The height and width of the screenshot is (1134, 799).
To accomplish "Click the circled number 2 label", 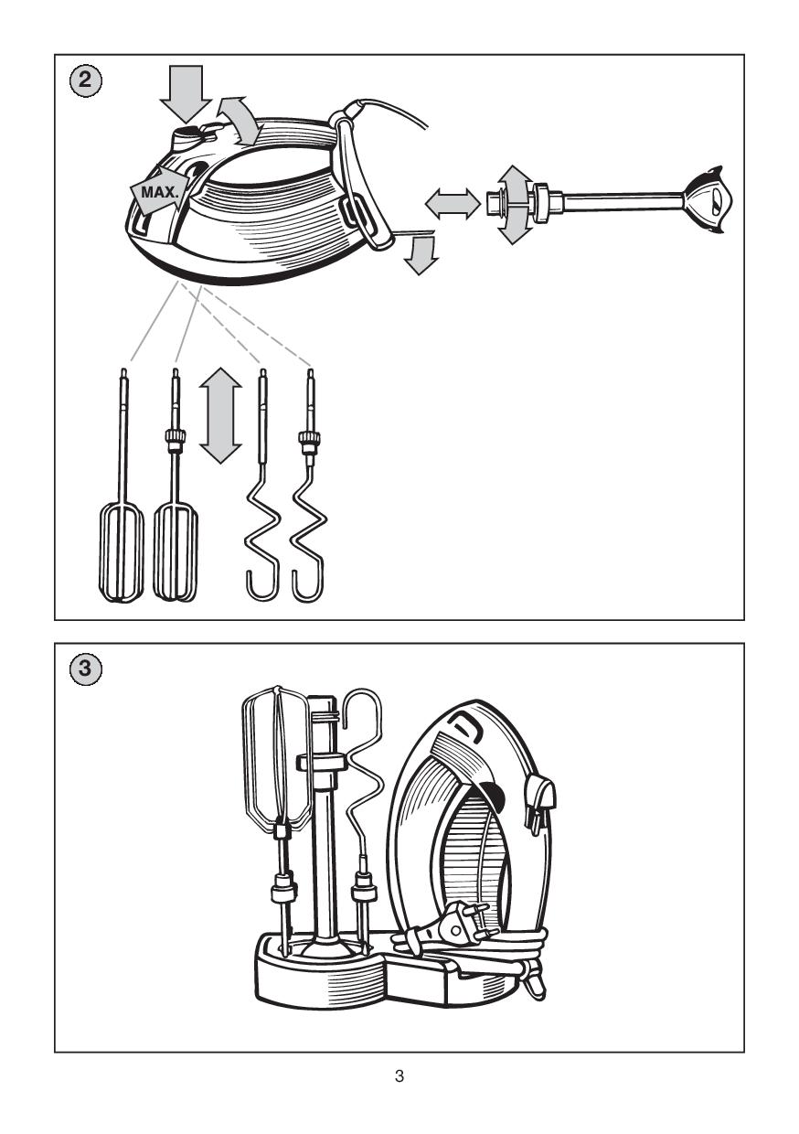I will point(84,80).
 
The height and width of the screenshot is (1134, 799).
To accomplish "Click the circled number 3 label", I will point(84,669).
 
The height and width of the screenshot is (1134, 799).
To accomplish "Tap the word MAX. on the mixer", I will point(159,193).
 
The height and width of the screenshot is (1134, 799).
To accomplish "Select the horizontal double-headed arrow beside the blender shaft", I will point(453,202).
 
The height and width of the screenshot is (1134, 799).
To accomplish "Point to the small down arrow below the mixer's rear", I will point(421,257).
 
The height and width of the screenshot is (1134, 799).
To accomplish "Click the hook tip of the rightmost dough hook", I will point(304,585).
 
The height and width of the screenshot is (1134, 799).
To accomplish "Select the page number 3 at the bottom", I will point(399,1076).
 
